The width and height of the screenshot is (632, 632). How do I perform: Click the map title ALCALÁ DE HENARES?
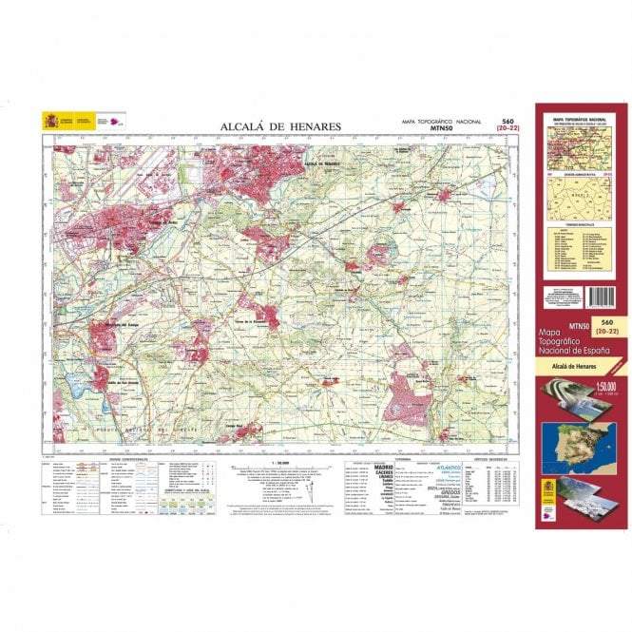pyautogui.click(x=280, y=126)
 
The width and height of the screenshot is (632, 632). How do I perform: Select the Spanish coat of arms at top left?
pyautogui.click(x=49, y=121)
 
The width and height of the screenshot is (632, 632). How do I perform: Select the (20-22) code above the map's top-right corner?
pyautogui.click(x=508, y=131)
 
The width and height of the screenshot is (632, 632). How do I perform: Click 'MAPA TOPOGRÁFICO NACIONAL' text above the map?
pyautogui.click(x=444, y=123)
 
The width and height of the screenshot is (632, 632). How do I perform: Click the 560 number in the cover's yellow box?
pyautogui.click(x=602, y=323)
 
